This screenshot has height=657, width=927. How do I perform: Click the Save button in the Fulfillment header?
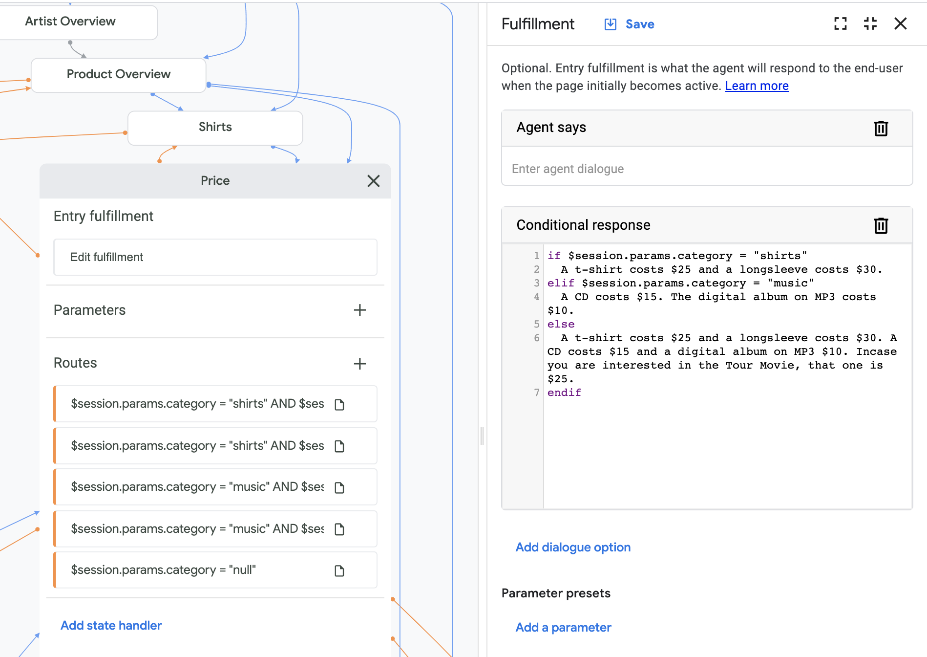(630, 24)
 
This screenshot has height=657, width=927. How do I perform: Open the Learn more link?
(757, 86)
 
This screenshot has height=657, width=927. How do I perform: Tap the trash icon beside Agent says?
(881, 128)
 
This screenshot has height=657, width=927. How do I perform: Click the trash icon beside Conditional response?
(881, 225)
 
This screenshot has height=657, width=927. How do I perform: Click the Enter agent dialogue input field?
(707, 169)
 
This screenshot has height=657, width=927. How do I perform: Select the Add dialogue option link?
(573, 547)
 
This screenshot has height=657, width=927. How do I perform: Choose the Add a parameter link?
(563, 627)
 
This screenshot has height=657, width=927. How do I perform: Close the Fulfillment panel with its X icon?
(900, 23)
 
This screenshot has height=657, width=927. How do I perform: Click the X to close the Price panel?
(374, 181)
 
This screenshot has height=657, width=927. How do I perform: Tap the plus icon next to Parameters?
(360, 310)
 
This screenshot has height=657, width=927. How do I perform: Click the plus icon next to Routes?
(360, 363)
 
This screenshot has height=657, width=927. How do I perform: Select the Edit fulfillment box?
(215, 257)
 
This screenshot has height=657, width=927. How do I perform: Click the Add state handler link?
(111, 625)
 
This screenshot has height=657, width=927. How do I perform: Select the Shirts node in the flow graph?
(215, 127)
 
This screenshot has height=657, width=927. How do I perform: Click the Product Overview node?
(118, 74)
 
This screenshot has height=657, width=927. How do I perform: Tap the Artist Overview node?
(71, 22)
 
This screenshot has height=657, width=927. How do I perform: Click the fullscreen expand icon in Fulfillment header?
(840, 23)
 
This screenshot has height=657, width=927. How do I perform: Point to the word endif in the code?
(564, 393)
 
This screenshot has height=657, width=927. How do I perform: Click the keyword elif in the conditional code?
(560, 283)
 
